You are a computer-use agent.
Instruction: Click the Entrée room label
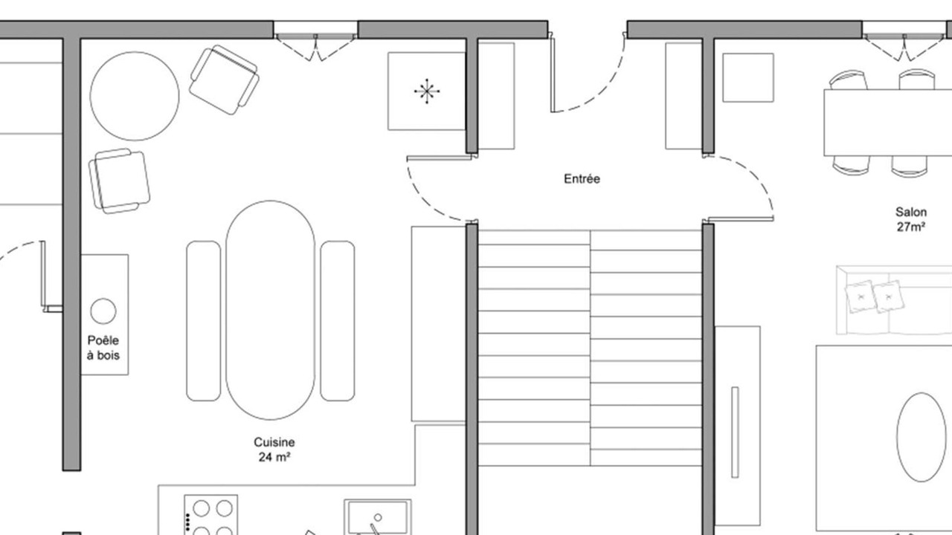582,179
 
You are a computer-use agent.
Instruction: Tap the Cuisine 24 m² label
274,450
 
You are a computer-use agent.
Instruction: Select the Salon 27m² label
911,219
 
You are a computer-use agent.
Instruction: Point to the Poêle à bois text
103,347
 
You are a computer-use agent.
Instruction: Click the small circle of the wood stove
103,311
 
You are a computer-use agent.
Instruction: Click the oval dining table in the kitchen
270,310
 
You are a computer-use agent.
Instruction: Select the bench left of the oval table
204,321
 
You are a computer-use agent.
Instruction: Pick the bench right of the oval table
338,321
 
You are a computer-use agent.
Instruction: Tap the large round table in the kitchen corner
135,96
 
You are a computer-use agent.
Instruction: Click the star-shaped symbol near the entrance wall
427,91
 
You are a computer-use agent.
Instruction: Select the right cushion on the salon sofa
888,296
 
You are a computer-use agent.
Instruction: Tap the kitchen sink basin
378,517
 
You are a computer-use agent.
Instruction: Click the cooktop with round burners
211,515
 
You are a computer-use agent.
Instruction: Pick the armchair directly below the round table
119,181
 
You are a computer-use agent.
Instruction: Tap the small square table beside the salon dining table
748,78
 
